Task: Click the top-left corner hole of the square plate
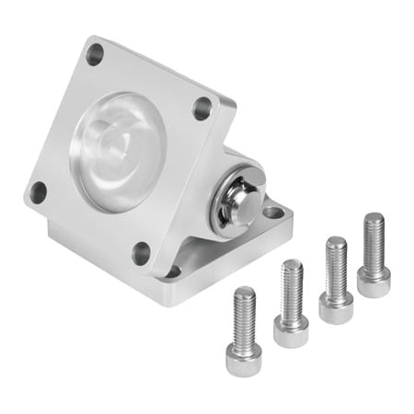[95, 53]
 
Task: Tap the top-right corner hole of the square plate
[202, 108]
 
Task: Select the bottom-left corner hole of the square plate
[38, 192]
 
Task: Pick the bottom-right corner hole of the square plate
[141, 252]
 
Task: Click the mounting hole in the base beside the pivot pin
[273, 213]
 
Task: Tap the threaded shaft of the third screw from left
[336, 265]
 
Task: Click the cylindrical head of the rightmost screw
[374, 280]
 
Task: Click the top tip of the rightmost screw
[374, 217]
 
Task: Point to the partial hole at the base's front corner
[171, 272]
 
